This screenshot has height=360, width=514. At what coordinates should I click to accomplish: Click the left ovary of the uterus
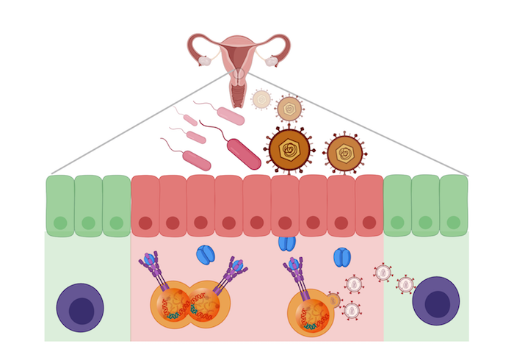pyautogui.click(x=206, y=61)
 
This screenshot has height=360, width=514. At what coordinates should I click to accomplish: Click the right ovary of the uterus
pyautogui.click(x=272, y=61)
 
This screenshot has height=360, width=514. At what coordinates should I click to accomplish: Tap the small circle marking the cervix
pyautogui.click(x=239, y=74)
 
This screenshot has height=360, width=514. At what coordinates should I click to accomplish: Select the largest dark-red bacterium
pyautogui.click(x=244, y=154)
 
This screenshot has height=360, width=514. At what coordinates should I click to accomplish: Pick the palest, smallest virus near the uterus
pyautogui.click(x=261, y=98)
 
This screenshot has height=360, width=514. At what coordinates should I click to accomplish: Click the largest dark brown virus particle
pyautogui.click(x=289, y=149)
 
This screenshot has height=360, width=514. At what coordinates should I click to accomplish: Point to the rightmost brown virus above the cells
pyautogui.click(x=344, y=153)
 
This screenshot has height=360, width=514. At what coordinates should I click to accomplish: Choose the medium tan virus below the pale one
pyautogui.click(x=289, y=109)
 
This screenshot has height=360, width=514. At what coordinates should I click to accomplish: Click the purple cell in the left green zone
pyautogui.click(x=80, y=308)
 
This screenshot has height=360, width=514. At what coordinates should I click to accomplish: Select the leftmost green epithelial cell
pyautogui.click(x=60, y=206)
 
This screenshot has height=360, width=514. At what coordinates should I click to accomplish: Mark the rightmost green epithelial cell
pyautogui.click(x=454, y=206)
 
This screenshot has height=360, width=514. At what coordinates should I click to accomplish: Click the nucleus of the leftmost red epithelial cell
pyautogui.click(x=145, y=223)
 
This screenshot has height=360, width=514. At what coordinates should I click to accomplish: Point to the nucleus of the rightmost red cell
pyautogui.click(x=369, y=223)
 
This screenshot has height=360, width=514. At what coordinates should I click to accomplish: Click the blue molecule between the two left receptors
pyautogui.click(x=206, y=255)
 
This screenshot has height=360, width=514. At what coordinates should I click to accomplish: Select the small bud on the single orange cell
pyautogui.click(x=333, y=300)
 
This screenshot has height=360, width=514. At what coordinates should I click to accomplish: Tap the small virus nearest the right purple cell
pyautogui.click(x=405, y=284)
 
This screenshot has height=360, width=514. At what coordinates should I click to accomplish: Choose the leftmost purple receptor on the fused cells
pyautogui.click(x=152, y=264)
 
